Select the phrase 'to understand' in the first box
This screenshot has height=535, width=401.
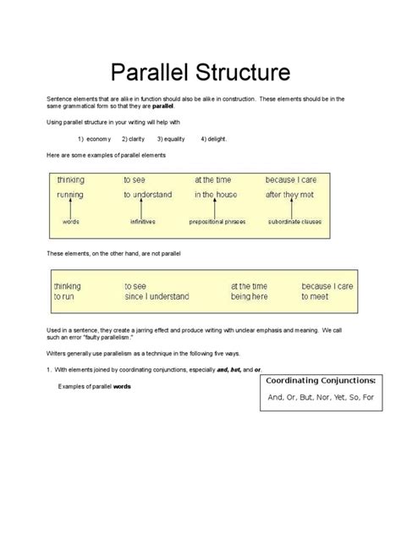(x=147, y=195)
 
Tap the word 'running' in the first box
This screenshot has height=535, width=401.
(x=70, y=195)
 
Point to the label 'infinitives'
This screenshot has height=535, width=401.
(x=142, y=222)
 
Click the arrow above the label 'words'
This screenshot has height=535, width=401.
(x=71, y=208)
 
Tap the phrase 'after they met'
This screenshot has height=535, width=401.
(x=289, y=195)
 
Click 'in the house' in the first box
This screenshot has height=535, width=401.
(x=217, y=195)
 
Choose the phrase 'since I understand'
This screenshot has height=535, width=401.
(x=156, y=297)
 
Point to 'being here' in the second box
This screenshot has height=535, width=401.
(x=249, y=297)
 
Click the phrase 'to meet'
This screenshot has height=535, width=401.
(x=316, y=297)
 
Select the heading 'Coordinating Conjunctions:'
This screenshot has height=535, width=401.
(x=321, y=382)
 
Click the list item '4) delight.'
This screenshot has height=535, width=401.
(x=214, y=139)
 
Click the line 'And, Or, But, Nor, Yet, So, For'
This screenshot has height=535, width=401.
(x=321, y=397)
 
